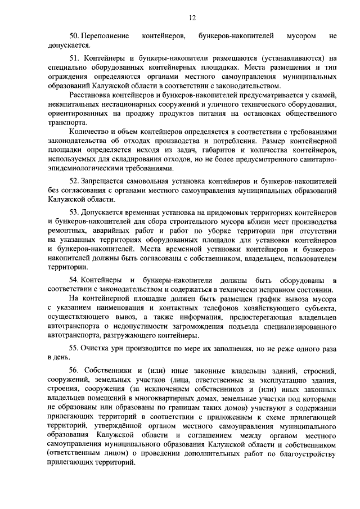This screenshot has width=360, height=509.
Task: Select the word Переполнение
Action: pos(105,37)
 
